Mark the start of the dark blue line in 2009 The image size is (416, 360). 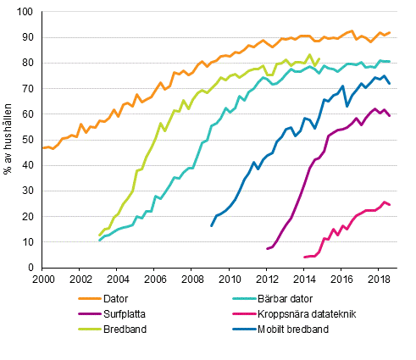tap(211, 226)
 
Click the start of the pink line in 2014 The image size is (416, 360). tap(304, 257)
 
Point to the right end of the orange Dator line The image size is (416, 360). tap(390, 33)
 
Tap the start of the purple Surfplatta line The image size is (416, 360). tap(267, 249)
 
